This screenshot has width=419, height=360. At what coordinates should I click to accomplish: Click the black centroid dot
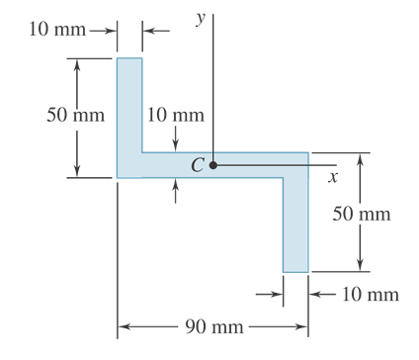click(x=212, y=165)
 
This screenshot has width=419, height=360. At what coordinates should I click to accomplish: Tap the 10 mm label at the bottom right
click(x=371, y=294)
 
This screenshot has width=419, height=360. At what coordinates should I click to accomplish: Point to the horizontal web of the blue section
click(x=227, y=165)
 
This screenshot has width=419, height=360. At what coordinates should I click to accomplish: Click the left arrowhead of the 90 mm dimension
click(x=124, y=325)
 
